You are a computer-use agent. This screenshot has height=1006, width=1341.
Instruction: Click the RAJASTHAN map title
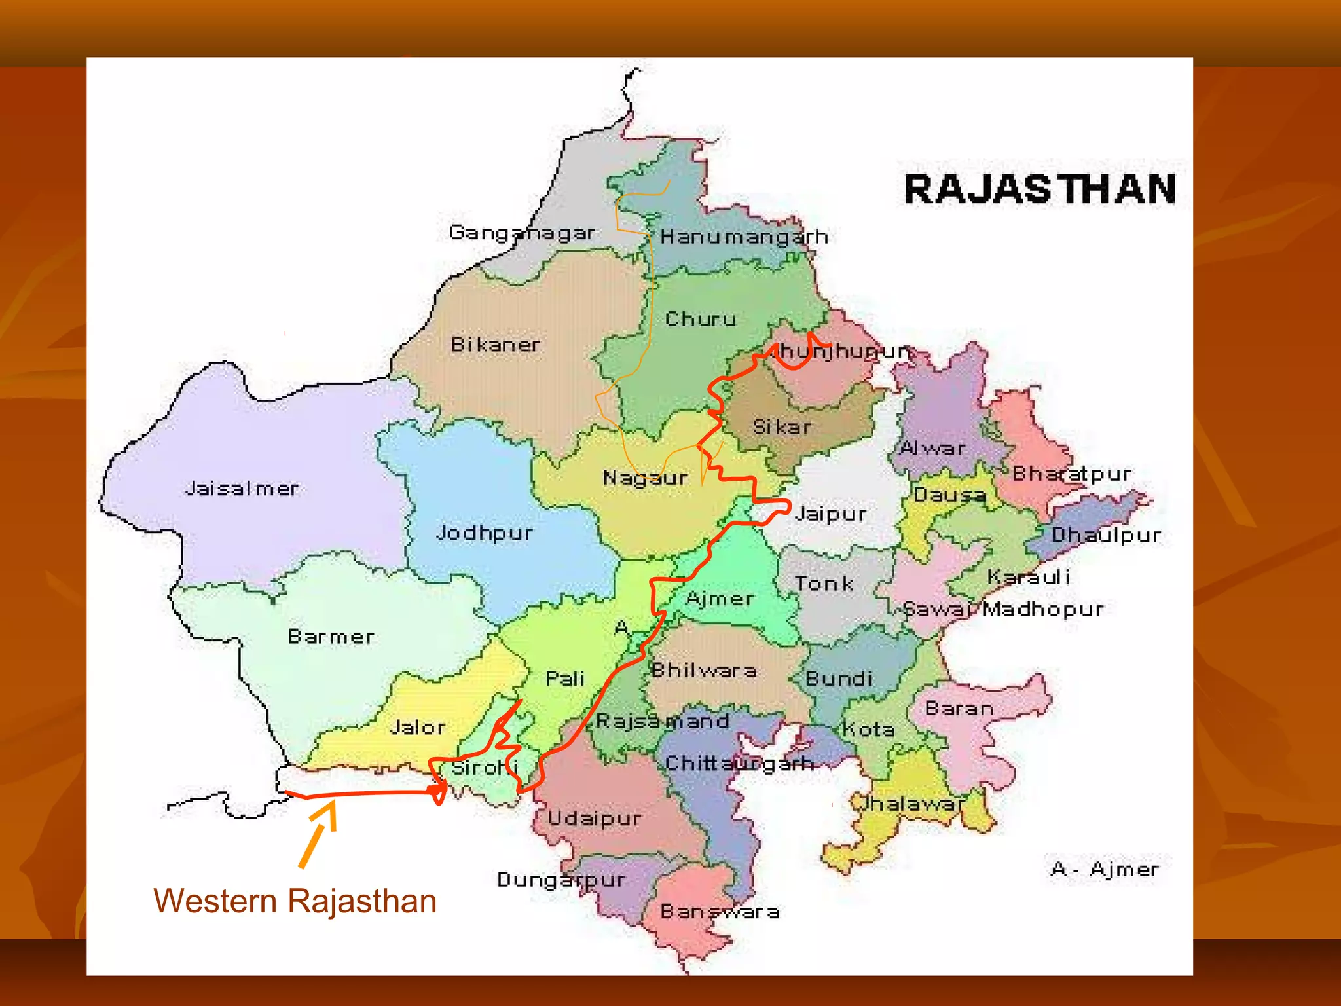click(1040, 189)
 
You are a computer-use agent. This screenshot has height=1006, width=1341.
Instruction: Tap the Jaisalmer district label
click(242, 489)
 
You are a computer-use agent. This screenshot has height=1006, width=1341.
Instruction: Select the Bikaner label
click(496, 345)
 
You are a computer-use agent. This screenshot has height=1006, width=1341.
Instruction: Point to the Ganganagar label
click(522, 233)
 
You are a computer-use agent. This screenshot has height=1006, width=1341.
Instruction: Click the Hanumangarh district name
click(744, 236)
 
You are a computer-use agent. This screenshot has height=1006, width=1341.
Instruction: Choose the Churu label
click(701, 319)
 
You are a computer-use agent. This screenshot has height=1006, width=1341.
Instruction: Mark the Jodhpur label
click(485, 533)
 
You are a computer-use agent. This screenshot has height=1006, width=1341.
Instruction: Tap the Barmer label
click(331, 637)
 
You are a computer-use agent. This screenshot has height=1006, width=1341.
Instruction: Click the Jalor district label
click(418, 727)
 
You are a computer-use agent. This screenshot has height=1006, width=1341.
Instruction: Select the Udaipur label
click(595, 819)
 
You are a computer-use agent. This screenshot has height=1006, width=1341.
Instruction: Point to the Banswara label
click(720, 912)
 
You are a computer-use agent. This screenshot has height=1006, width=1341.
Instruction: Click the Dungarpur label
click(561, 880)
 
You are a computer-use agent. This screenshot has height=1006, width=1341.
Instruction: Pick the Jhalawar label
click(909, 804)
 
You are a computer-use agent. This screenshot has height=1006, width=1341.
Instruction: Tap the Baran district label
click(959, 709)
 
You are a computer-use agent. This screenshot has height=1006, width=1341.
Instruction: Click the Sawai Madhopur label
click(1003, 609)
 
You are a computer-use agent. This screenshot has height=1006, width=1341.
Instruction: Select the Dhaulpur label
click(1106, 536)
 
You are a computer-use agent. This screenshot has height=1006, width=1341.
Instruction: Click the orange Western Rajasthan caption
click(295, 901)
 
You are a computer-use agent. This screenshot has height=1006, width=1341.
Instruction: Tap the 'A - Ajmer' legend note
click(1104, 870)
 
